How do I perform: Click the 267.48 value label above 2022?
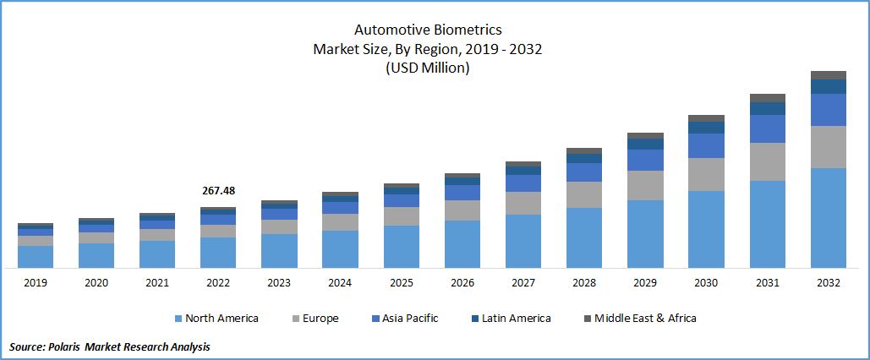point(218,191)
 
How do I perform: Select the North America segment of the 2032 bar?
point(828,217)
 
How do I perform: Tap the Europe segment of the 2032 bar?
point(828,147)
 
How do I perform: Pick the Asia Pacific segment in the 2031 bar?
point(767,128)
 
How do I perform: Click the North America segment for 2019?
point(36,257)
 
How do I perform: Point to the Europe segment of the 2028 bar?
point(584,194)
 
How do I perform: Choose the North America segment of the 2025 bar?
point(402,247)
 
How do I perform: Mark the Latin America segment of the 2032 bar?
point(828,86)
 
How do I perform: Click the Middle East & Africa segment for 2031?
point(767,98)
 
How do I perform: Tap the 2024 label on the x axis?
point(340,283)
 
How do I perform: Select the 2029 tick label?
point(645,283)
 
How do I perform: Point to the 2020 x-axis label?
point(96,283)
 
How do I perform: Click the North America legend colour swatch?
point(178,319)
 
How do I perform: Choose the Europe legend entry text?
point(322,319)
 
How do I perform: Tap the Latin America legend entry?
point(516,319)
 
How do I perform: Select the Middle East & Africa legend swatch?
point(588,319)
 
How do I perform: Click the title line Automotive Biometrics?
point(428,30)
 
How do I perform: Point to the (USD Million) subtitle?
point(428,68)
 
